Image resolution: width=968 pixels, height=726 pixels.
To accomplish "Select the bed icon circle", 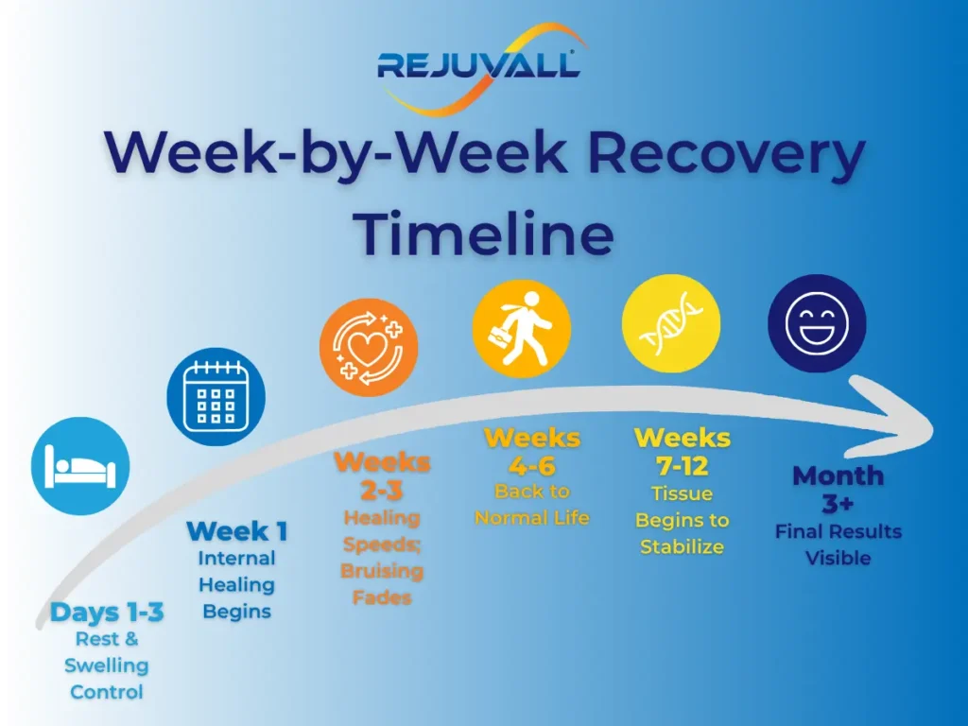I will coord(80,466).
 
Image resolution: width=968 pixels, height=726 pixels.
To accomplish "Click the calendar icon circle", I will coord(216,397).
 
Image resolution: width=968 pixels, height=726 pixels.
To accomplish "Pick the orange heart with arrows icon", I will coord(369,347).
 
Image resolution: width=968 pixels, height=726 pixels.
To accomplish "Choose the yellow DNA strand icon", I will coord(671,323).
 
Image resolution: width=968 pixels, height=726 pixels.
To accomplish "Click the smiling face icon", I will coord(817,323).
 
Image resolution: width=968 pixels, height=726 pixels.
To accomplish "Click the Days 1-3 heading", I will coord(107,613).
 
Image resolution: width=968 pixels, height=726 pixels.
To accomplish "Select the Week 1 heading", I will coord(237,531).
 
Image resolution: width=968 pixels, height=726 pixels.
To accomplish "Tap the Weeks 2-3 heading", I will coord(382,476).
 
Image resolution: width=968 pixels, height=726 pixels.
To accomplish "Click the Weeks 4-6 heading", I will coord(532,452).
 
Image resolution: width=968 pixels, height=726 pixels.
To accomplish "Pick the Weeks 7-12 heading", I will coord(682,452).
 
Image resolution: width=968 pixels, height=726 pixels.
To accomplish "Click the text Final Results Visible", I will coord(838,544).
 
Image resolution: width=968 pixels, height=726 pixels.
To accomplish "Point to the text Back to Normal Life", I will coord(532,504).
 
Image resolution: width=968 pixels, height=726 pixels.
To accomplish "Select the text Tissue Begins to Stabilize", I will coord(682,520).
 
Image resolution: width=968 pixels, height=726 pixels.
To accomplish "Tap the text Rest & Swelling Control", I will coord(107,665).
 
